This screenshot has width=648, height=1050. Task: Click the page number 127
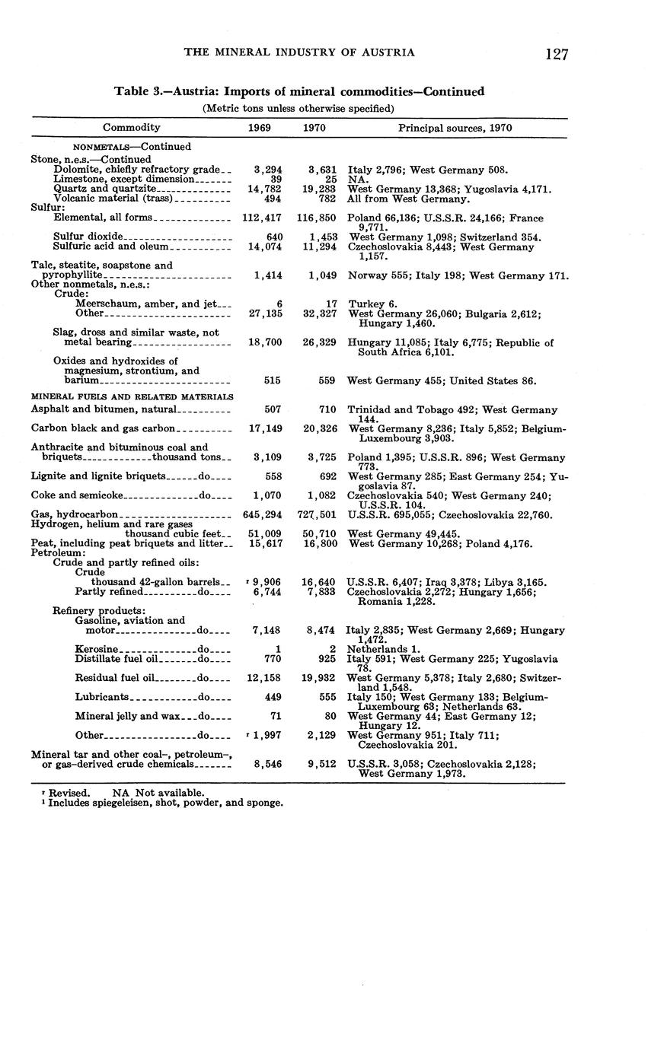click(557, 53)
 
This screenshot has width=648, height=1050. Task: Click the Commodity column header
click(131, 128)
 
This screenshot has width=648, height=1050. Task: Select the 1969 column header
click(260, 128)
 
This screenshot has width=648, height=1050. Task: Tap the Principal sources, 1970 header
click(455, 128)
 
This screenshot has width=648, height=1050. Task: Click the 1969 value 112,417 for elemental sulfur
click(261, 218)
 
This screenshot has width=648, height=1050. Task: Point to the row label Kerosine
click(97, 649)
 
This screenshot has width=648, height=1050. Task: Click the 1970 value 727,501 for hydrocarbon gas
click(317, 515)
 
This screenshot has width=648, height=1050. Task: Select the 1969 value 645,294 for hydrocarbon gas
click(262, 515)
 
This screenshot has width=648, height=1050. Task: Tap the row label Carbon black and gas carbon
click(104, 428)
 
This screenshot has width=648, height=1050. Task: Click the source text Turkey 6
click(373, 304)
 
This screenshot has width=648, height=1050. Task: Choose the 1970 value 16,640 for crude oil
click(319, 582)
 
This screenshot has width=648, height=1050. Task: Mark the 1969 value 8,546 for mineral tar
click(266, 764)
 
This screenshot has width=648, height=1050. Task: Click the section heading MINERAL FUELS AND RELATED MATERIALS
click(132, 396)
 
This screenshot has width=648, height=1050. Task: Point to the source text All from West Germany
click(408, 199)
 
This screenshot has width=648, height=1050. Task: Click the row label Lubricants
click(102, 696)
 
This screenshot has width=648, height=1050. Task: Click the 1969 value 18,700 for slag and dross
click(263, 342)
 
